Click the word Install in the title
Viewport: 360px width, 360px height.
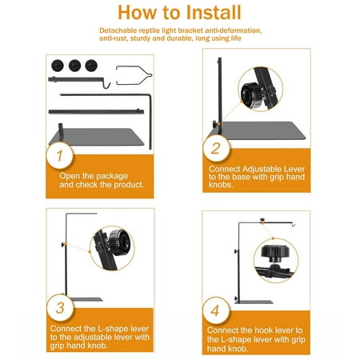214,13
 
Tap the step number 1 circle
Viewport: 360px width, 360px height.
59,155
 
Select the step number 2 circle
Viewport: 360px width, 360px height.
216,148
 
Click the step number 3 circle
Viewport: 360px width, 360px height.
60,308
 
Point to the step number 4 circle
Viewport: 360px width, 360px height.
216,310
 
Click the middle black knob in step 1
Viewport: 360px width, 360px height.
74,66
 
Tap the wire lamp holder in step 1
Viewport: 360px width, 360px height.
134,75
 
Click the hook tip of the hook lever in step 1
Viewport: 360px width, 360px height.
109,86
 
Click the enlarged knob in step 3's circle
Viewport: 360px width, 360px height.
119,242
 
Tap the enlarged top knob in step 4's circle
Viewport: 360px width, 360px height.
275,253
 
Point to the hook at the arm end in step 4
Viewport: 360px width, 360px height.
294,225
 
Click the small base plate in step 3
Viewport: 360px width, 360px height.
86,299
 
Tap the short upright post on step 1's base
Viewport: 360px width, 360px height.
61,132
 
